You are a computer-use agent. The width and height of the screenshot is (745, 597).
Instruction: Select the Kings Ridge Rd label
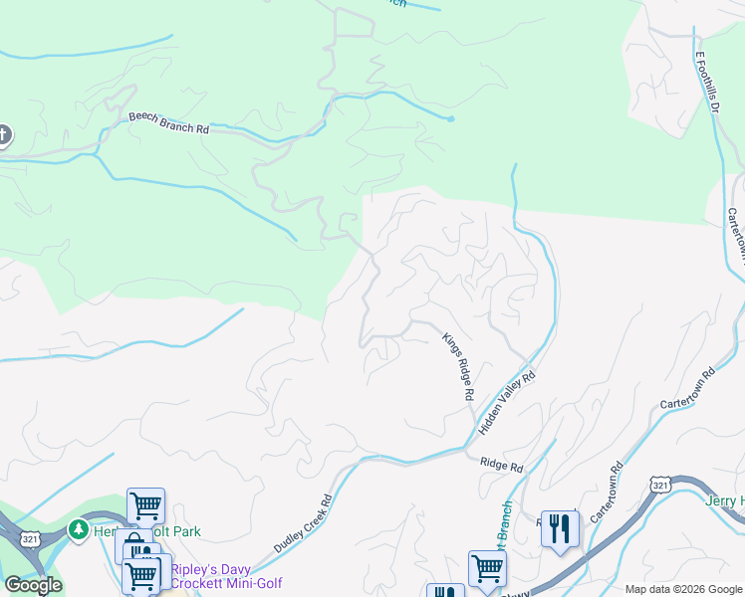(x=457, y=366)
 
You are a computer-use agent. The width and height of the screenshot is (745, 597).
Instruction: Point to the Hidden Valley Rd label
(x=507, y=402)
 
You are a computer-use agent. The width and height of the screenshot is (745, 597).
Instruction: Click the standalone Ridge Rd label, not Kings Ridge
(x=501, y=466)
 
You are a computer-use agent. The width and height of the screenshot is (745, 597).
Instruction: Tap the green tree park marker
(x=79, y=530)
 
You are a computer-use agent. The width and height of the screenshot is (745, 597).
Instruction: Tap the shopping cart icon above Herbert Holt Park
(x=145, y=505)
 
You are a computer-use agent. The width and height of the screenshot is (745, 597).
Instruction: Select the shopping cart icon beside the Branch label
(x=487, y=568)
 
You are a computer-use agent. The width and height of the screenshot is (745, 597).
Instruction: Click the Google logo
(x=33, y=585)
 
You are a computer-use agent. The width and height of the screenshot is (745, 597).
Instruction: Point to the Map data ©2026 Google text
(x=682, y=589)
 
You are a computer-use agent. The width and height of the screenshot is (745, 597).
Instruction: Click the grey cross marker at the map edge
(x=3, y=134)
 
